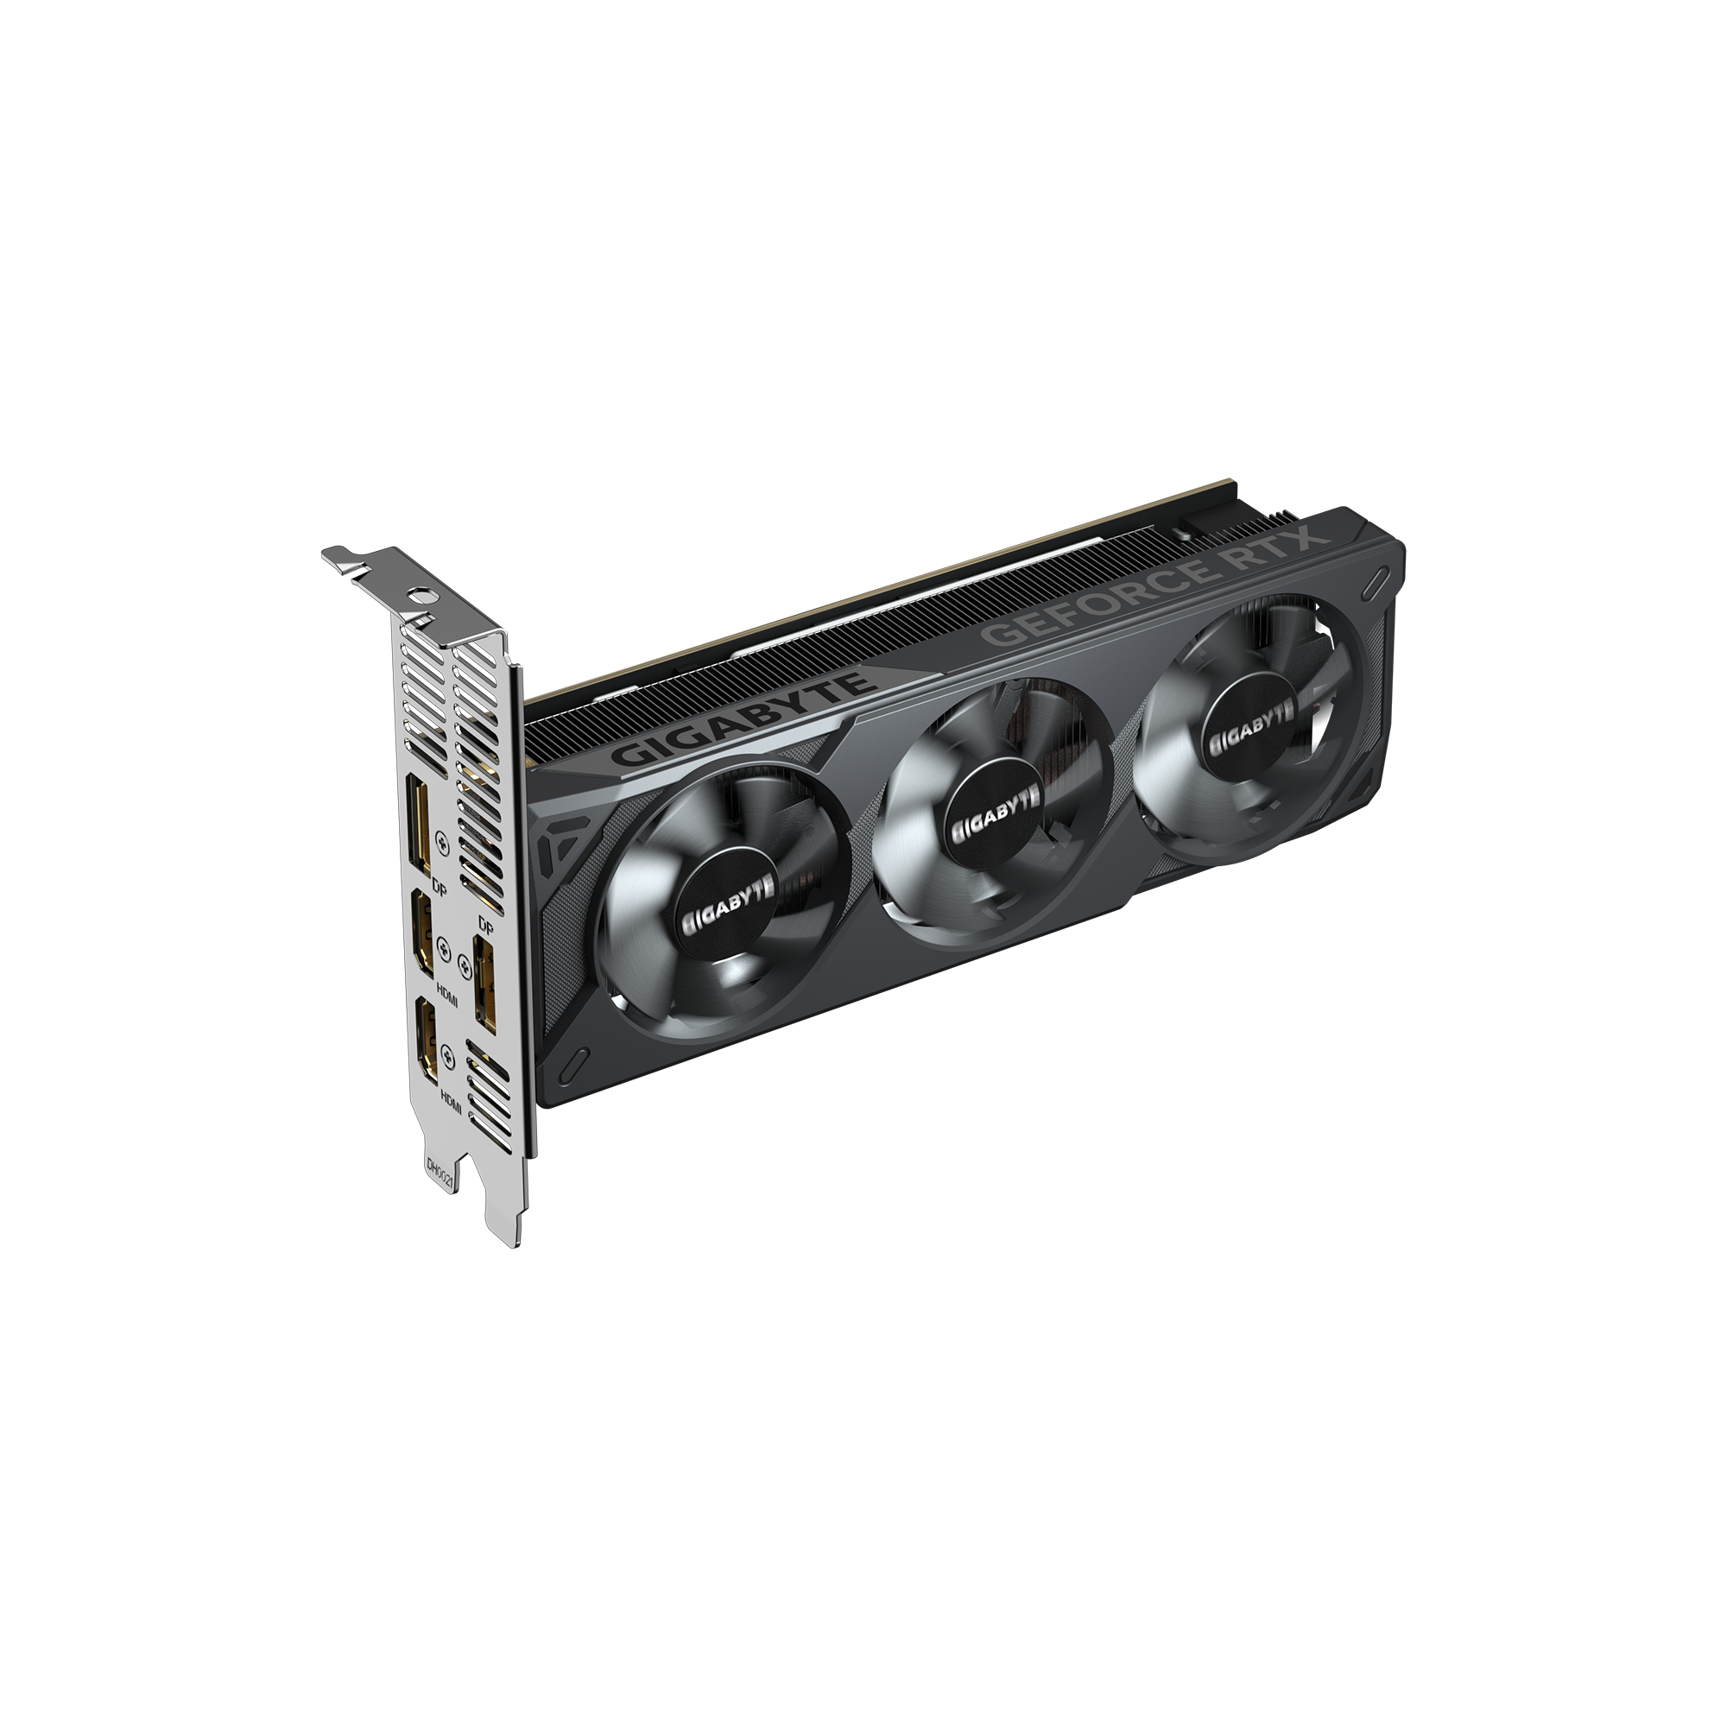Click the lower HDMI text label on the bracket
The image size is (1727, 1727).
[x=451, y=1101]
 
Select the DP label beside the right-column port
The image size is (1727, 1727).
[x=486, y=923]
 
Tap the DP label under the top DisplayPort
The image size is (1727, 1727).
[x=438, y=888]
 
